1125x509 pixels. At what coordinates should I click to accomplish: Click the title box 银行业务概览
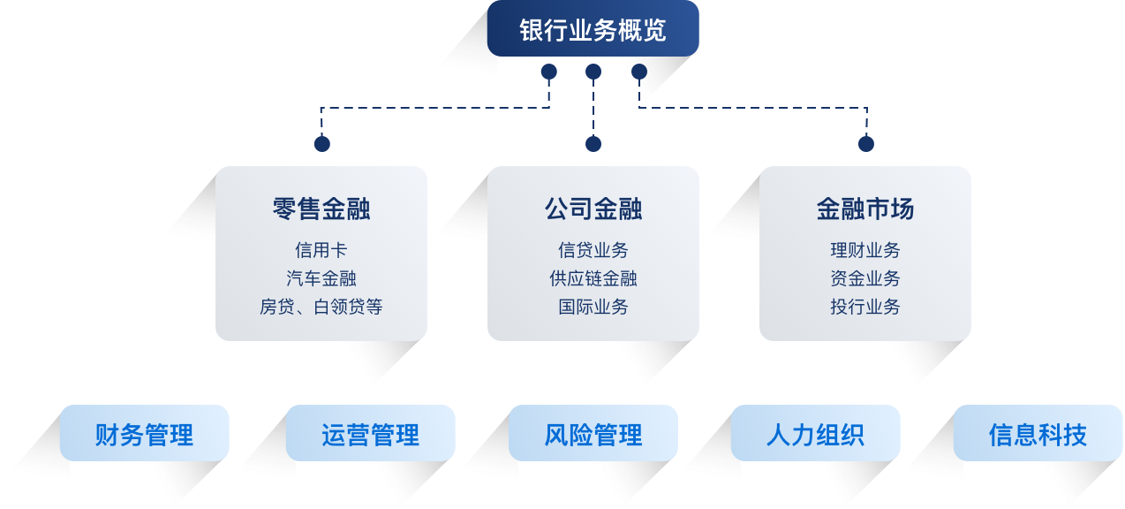point(593,29)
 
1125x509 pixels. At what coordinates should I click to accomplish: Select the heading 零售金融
point(321,209)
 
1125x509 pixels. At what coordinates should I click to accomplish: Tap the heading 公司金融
point(593,209)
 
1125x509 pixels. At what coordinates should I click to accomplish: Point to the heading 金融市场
point(865,209)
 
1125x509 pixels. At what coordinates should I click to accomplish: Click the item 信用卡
point(321,250)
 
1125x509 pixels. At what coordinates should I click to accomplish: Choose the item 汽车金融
point(321,278)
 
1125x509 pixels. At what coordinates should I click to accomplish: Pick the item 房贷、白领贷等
point(321,307)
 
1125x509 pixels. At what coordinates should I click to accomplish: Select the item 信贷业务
point(593,250)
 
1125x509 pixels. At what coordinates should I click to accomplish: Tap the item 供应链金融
point(593,278)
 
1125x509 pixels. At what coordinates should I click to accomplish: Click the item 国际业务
point(593,307)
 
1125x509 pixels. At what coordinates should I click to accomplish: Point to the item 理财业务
point(865,250)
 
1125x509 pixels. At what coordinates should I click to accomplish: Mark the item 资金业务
point(865,278)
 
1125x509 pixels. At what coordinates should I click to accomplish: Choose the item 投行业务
point(865,307)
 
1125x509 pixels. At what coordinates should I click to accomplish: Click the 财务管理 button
point(144,434)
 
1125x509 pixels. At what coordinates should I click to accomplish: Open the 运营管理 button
point(370,434)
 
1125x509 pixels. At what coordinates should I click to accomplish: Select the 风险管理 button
point(593,434)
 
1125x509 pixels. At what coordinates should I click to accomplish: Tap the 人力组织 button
point(815,434)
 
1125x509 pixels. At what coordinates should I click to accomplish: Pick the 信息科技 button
point(1038,434)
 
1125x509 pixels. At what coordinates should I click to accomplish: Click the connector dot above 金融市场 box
point(865,143)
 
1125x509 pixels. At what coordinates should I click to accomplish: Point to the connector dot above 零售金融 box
point(321,143)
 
